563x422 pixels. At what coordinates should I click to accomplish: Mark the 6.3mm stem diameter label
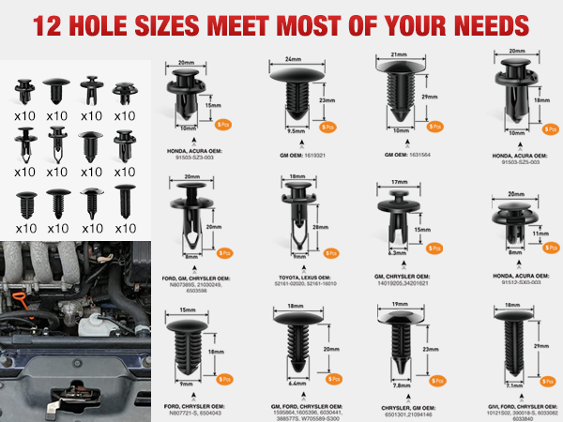[x=397, y=252]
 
